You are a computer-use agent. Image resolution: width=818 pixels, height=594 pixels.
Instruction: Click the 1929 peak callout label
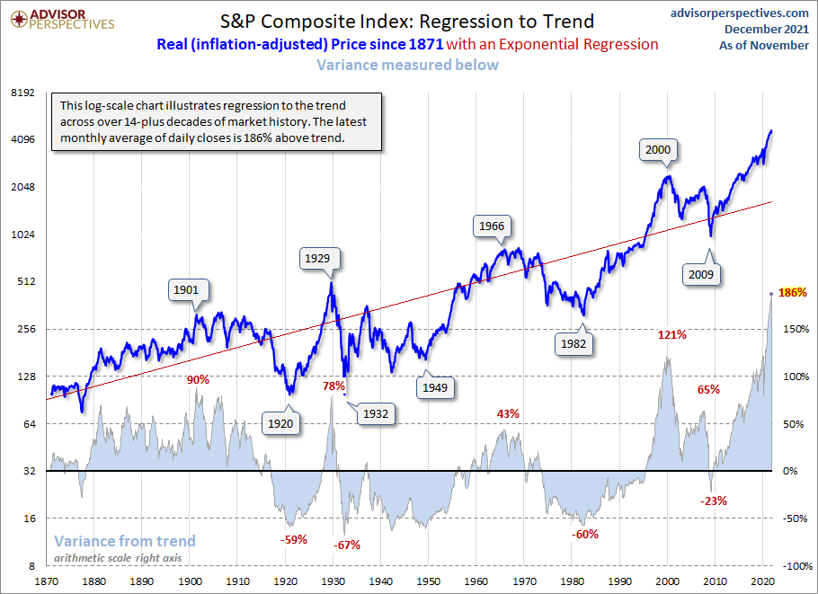(316, 259)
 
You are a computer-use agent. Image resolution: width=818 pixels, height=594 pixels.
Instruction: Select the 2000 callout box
(660, 150)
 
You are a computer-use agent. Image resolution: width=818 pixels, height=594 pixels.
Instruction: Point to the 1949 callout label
(435, 387)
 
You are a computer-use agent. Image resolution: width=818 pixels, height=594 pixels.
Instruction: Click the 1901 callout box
(186, 290)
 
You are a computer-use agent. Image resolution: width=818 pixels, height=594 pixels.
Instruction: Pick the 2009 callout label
(701, 274)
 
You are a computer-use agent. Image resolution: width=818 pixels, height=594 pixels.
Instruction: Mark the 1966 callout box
(492, 226)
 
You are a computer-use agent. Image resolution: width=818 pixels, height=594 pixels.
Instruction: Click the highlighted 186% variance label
(793, 292)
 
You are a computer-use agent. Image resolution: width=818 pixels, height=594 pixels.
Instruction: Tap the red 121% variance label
(672, 335)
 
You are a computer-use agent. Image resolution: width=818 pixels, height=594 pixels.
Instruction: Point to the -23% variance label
(712, 501)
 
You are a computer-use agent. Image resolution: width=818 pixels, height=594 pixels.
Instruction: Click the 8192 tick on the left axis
(22, 93)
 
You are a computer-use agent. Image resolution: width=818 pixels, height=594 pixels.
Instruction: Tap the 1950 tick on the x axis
(428, 581)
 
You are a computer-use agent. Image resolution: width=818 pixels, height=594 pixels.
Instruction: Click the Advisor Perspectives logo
(59, 18)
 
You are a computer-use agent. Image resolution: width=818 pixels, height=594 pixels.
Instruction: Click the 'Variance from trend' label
(125, 541)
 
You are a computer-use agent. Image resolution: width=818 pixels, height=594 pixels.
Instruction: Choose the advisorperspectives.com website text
(740, 13)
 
